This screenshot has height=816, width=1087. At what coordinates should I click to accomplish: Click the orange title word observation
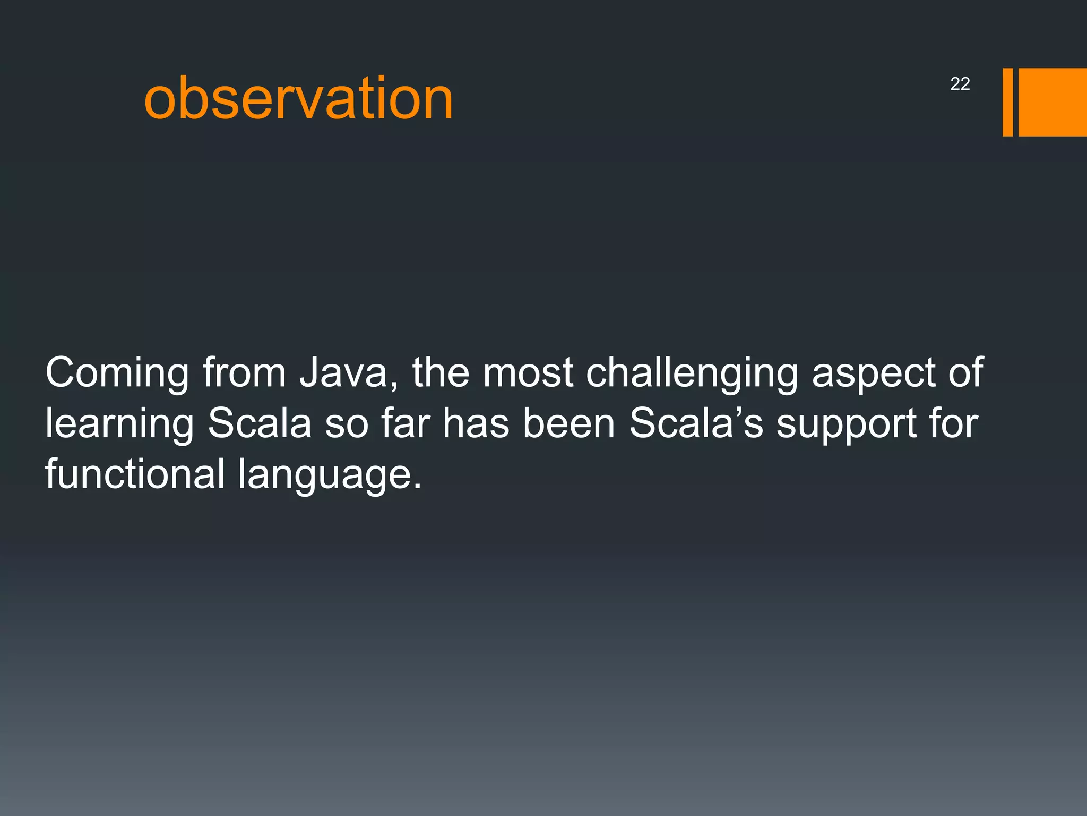click(x=298, y=98)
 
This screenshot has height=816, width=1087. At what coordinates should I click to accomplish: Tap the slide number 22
click(x=960, y=84)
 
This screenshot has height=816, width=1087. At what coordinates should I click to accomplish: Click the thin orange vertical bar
click(x=1007, y=102)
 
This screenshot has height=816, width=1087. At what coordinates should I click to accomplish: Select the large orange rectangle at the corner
click(x=1052, y=102)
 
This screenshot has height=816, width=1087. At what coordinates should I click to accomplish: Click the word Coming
click(x=117, y=373)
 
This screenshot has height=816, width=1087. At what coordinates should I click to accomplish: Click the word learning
click(x=119, y=424)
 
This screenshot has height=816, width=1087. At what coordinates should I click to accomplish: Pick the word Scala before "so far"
click(x=260, y=423)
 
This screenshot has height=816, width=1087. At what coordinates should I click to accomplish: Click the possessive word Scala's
click(x=696, y=423)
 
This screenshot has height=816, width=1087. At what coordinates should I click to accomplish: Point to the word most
click(x=528, y=373)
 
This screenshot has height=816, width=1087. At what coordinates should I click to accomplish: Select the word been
click(x=568, y=423)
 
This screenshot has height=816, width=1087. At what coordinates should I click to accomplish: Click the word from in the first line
click(x=244, y=372)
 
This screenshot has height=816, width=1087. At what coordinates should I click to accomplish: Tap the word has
click(x=476, y=423)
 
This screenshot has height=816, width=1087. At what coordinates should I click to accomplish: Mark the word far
click(x=406, y=423)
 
